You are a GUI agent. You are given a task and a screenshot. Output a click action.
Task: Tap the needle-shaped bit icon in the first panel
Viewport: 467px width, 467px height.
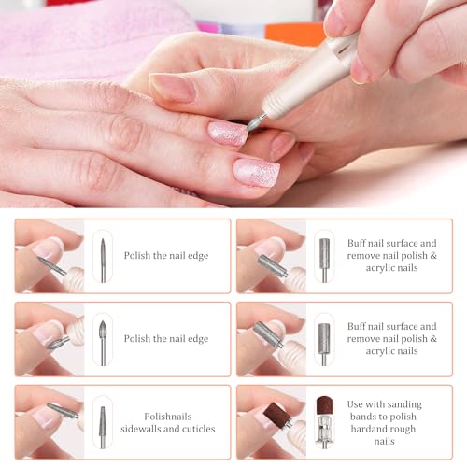(103, 261)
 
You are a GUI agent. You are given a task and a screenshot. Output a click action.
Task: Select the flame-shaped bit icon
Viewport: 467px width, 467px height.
(103, 343)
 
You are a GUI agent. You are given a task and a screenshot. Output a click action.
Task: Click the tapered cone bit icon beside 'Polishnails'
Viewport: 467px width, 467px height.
(103, 427)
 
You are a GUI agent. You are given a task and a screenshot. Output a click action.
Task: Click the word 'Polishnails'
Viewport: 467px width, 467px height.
(168, 417)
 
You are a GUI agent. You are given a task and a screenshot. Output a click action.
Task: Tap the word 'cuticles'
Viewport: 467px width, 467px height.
(199, 429)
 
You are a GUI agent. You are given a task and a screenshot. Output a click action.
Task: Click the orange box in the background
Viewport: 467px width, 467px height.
(295, 34)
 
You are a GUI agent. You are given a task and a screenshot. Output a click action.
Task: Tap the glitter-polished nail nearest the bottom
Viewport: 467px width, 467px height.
(257, 173)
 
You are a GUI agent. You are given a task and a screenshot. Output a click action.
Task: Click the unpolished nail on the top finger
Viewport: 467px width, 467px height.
(173, 88)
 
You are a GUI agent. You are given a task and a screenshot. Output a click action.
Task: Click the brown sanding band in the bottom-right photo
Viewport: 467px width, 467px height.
(275, 414)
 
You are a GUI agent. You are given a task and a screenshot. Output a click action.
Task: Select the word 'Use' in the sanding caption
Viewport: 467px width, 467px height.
(354, 404)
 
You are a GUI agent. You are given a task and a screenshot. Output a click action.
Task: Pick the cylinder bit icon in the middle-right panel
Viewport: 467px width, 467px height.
(324, 344)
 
